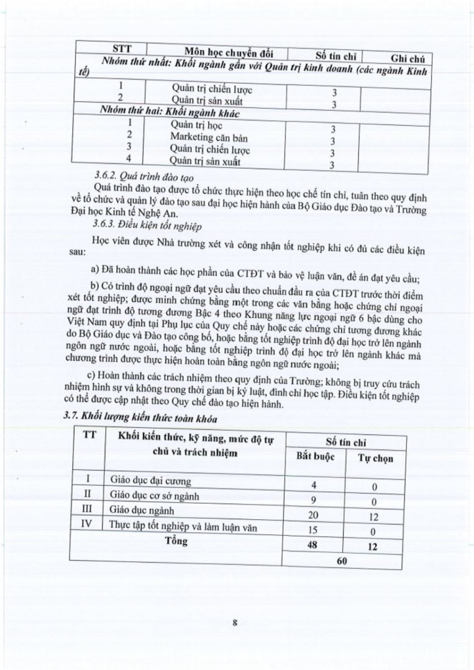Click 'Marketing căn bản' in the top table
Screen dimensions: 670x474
(209, 137)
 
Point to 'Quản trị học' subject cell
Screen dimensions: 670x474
(196, 126)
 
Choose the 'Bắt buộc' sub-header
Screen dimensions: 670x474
(315, 456)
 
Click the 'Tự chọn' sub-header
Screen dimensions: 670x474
(376, 458)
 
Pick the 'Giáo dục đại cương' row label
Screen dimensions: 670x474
(150, 481)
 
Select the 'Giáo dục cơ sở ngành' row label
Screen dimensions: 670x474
(155, 496)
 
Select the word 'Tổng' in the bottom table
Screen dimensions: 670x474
(177, 540)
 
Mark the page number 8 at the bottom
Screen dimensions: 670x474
(235, 625)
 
